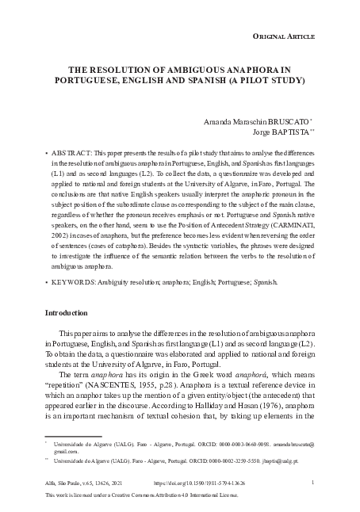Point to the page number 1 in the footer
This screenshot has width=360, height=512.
(x=314, y=481)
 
